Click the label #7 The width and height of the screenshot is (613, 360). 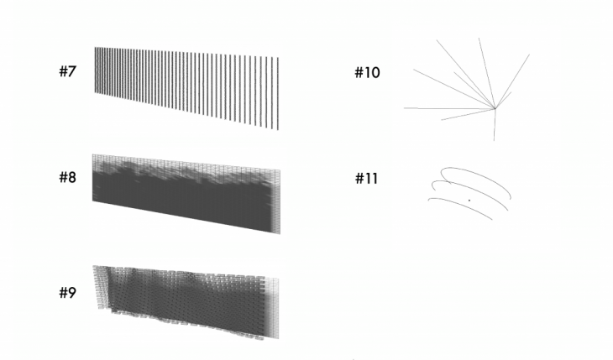coord(67,71)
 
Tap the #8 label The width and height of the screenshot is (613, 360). coord(67,177)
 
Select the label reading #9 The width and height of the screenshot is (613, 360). coord(67,292)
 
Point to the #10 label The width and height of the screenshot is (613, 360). coord(367,73)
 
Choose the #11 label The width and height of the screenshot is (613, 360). coord(366,179)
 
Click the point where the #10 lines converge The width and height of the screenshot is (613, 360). coord(495,108)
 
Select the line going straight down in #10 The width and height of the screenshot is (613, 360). coord(495,125)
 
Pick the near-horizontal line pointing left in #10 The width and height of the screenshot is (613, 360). coord(449,108)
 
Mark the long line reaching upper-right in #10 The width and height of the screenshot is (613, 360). coord(512,81)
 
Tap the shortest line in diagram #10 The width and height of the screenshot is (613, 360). coord(503,101)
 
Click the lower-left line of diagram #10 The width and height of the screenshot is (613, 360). coord(468,114)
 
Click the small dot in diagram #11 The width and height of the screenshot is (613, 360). coord(469,201)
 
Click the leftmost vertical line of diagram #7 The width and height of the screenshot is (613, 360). coord(96,70)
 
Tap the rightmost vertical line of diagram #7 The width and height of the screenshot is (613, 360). coord(278,94)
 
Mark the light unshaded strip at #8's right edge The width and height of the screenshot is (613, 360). coord(276,201)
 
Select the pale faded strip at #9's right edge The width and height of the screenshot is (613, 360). coord(273,308)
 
